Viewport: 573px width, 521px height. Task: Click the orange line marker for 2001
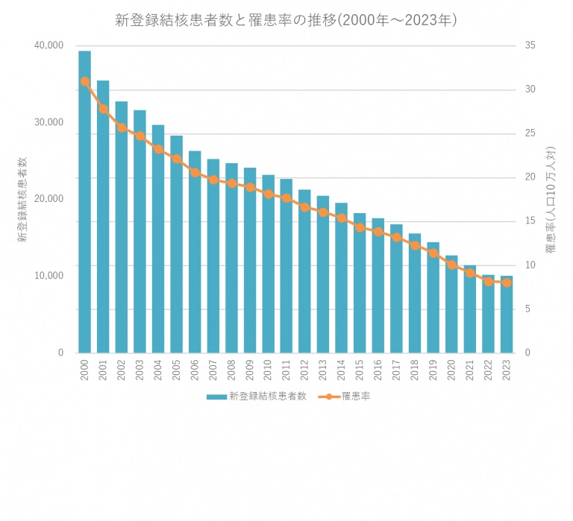click(x=103, y=109)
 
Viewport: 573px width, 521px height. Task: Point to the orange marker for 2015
click(x=360, y=227)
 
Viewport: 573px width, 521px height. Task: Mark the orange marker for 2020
click(x=451, y=265)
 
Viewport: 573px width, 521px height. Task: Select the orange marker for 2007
click(x=213, y=180)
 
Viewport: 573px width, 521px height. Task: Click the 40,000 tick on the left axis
click(x=49, y=45)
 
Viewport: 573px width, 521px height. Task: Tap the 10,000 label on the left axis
click(x=49, y=276)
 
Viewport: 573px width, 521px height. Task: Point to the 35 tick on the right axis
click(x=530, y=45)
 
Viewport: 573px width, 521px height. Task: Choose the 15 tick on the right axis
click(x=530, y=221)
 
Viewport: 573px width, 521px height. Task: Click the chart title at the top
click(x=286, y=20)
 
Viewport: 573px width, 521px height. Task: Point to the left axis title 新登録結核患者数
click(x=22, y=198)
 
